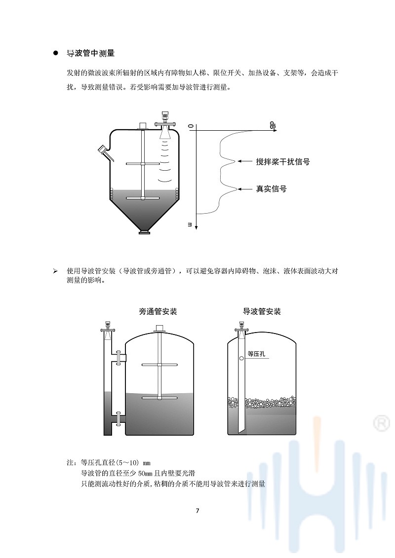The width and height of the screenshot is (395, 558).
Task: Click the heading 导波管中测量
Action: [x=90, y=53]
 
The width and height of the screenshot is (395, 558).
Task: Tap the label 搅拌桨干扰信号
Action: [x=282, y=161]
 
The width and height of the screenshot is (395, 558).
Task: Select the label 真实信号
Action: [x=271, y=188]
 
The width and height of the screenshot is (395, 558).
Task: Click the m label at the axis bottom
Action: [x=189, y=224]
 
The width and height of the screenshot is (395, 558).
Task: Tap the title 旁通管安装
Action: [x=158, y=312]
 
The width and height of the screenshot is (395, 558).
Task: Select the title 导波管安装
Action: [x=262, y=312]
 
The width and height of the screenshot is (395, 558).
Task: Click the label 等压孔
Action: [x=257, y=353]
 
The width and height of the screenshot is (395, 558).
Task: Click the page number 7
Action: [x=197, y=510]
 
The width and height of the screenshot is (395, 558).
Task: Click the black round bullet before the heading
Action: [x=56, y=53]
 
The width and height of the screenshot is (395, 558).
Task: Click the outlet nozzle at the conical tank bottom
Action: [x=144, y=231]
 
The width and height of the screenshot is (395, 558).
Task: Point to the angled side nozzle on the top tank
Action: [x=104, y=150]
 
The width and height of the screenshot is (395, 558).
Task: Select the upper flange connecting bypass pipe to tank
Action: [x=119, y=357]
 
